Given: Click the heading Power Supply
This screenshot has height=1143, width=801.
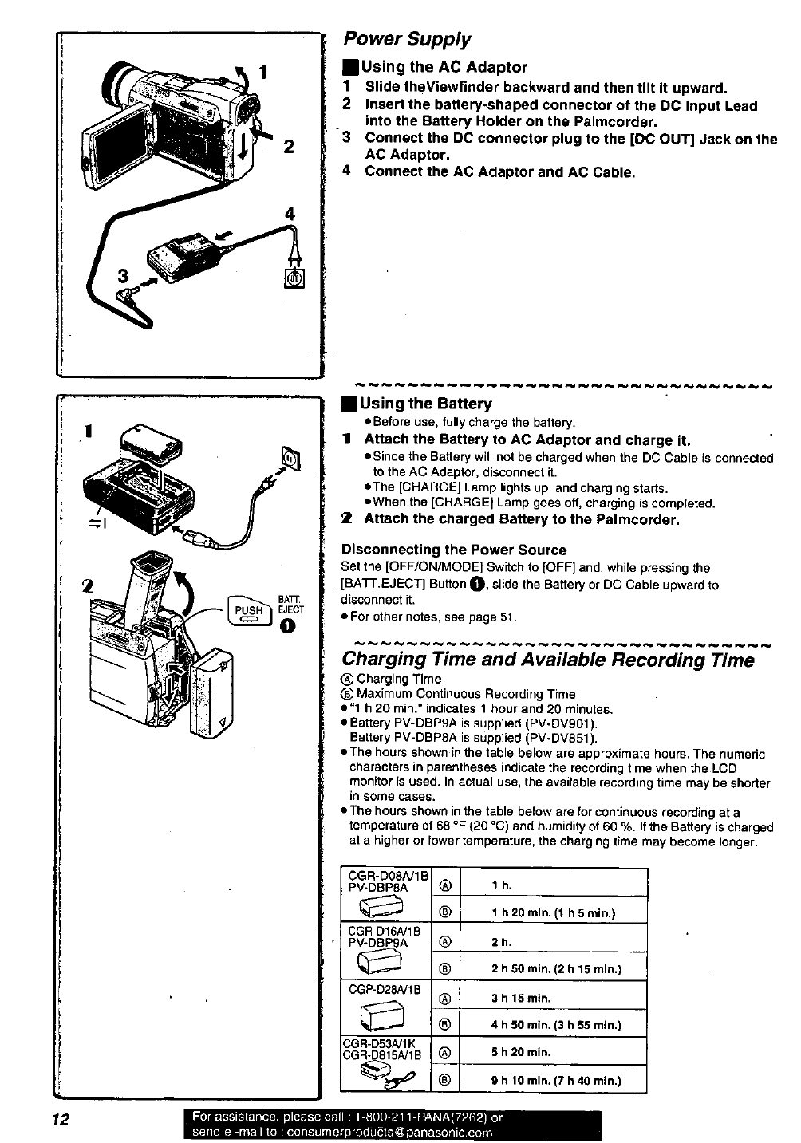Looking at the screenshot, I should tap(407, 39).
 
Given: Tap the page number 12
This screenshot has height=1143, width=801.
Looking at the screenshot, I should tap(57, 1120).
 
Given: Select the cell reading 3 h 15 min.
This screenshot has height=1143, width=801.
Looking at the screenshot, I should tap(522, 997).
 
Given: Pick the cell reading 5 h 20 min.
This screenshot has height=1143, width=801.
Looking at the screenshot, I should tap(521, 1052).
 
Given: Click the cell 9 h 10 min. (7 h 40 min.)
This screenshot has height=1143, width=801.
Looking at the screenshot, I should tap(556, 1082).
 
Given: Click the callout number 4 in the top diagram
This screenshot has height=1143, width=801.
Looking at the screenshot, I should tap(290, 214).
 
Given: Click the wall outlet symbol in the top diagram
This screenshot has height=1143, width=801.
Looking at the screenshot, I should tap(293, 278).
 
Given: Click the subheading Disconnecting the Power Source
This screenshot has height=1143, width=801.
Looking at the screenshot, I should tap(454, 550).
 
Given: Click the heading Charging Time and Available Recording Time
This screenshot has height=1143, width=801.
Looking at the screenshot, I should tap(547, 660).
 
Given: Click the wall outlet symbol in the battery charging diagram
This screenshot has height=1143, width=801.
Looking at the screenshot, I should tap(290, 457).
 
